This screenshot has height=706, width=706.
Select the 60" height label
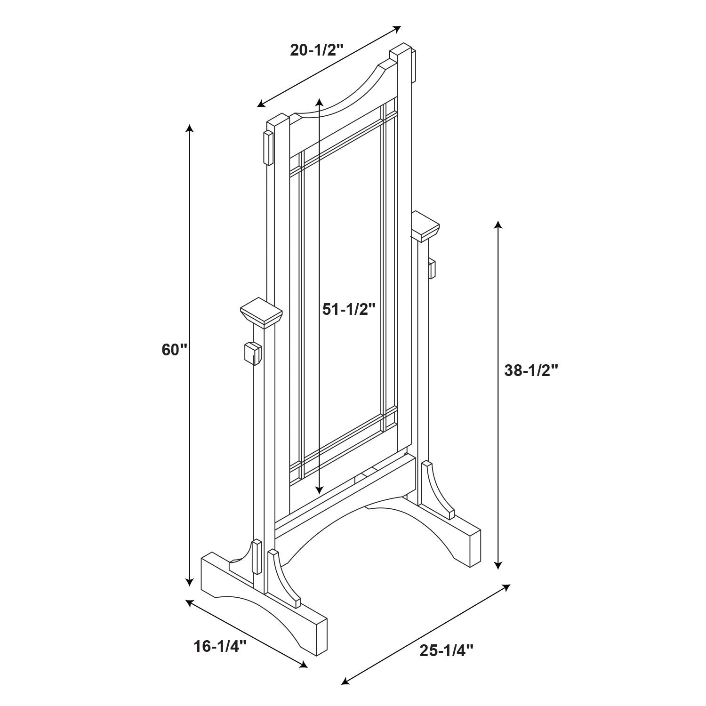[175, 350]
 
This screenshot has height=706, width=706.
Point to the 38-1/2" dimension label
[531, 370]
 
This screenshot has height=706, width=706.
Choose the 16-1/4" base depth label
[220, 647]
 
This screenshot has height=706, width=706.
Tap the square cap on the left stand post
[261, 312]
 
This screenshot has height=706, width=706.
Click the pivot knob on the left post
[252, 353]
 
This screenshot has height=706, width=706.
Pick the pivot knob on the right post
[432, 268]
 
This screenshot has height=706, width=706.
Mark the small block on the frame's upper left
[268, 148]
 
